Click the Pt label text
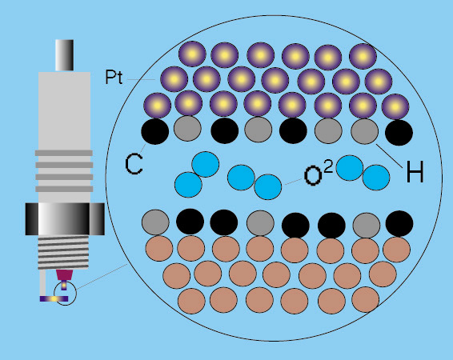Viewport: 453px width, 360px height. click(x=114, y=77)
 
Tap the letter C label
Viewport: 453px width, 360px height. click(x=134, y=164)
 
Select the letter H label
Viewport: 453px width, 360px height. click(x=415, y=171)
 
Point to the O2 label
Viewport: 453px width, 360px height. click(x=319, y=174)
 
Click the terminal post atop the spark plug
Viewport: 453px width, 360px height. click(x=64, y=55)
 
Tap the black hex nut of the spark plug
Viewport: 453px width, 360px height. click(x=65, y=219)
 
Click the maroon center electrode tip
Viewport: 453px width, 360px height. click(x=64, y=275)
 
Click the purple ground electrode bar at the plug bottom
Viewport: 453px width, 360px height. click(x=54, y=298)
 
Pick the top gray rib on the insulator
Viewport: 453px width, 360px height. click(x=64, y=153)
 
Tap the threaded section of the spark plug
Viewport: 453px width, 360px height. click(x=63, y=252)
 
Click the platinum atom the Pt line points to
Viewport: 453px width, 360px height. click(x=174, y=79)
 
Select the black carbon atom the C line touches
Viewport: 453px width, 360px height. click(x=154, y=131)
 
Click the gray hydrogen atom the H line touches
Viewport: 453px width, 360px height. click(x=365, y=131)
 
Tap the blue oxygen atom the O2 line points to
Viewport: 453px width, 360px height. click(x=268, y=186)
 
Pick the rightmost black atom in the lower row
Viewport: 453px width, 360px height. click(x=399, y=223)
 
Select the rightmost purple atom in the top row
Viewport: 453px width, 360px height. click(x=363, y=56)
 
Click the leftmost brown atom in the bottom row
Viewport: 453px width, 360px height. click(x=191, y=301)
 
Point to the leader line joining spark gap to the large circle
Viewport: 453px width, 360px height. click(x=102, y=276)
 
